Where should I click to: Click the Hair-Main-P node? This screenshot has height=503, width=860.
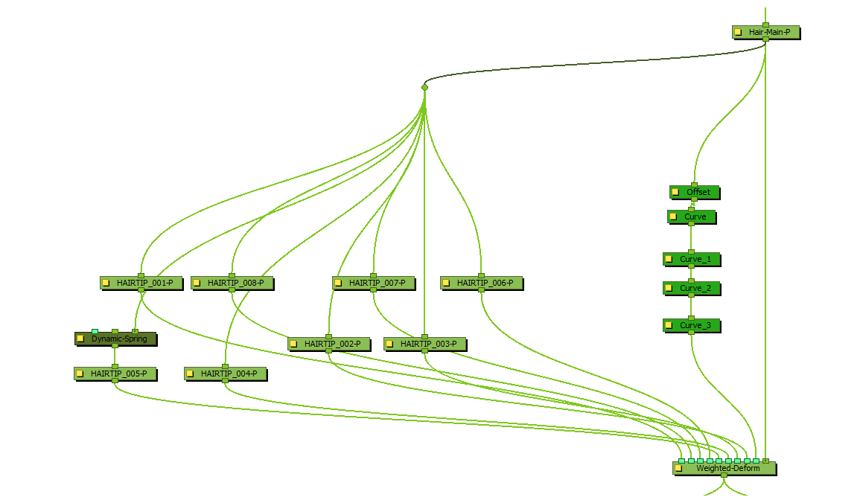pyautogui.click(x=770, y=33)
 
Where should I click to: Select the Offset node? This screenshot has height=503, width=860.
pyautogui.click(x=698, y=192)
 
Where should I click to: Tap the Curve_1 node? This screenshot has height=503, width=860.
pyautogui.click(x=695, y=260)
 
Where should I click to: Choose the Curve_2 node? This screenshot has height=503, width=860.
pyautogui.click(x=695, y=288)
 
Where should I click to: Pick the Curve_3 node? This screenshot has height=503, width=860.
pyautogui.click(x=695, y=325)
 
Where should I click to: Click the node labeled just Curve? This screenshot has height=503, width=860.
pyautogui.click(x=695, y=217)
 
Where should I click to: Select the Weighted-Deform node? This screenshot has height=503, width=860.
pyautogui.click(x=727, y=468)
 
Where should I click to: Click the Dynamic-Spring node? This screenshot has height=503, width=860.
pyautogui.click(x=119, y=339)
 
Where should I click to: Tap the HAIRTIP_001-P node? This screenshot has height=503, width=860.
pyautogui.click(x=144, y=283)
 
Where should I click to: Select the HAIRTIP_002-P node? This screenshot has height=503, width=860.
pyautogui.click(x=332, y=344)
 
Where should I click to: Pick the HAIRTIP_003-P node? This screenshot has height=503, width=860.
pyautogui.click(x=428, y=344)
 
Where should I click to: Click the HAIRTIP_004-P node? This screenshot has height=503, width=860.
pyautogui.click(x=229, y=374)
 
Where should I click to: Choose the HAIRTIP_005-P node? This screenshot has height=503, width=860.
pyautogui.click(x=118, y=374)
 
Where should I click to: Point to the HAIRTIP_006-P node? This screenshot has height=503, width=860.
pyautogui.click(x=485, y=283)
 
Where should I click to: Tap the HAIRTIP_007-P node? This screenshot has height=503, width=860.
pyautogui.click(x=377, y=283)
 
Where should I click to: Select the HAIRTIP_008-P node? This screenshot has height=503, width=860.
pyautogui.click(x=235, y=283)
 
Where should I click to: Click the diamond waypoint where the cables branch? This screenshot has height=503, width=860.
pyautogui.click(x=424, y=88)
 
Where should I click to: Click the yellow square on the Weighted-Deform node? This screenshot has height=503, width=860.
pyautogui.click(x=678, y=469)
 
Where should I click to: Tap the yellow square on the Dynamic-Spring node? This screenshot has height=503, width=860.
pyautogui.click(x=80, y=339)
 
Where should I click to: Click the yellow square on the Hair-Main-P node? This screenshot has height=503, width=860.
pyautogui.click(x=738, y=33)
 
